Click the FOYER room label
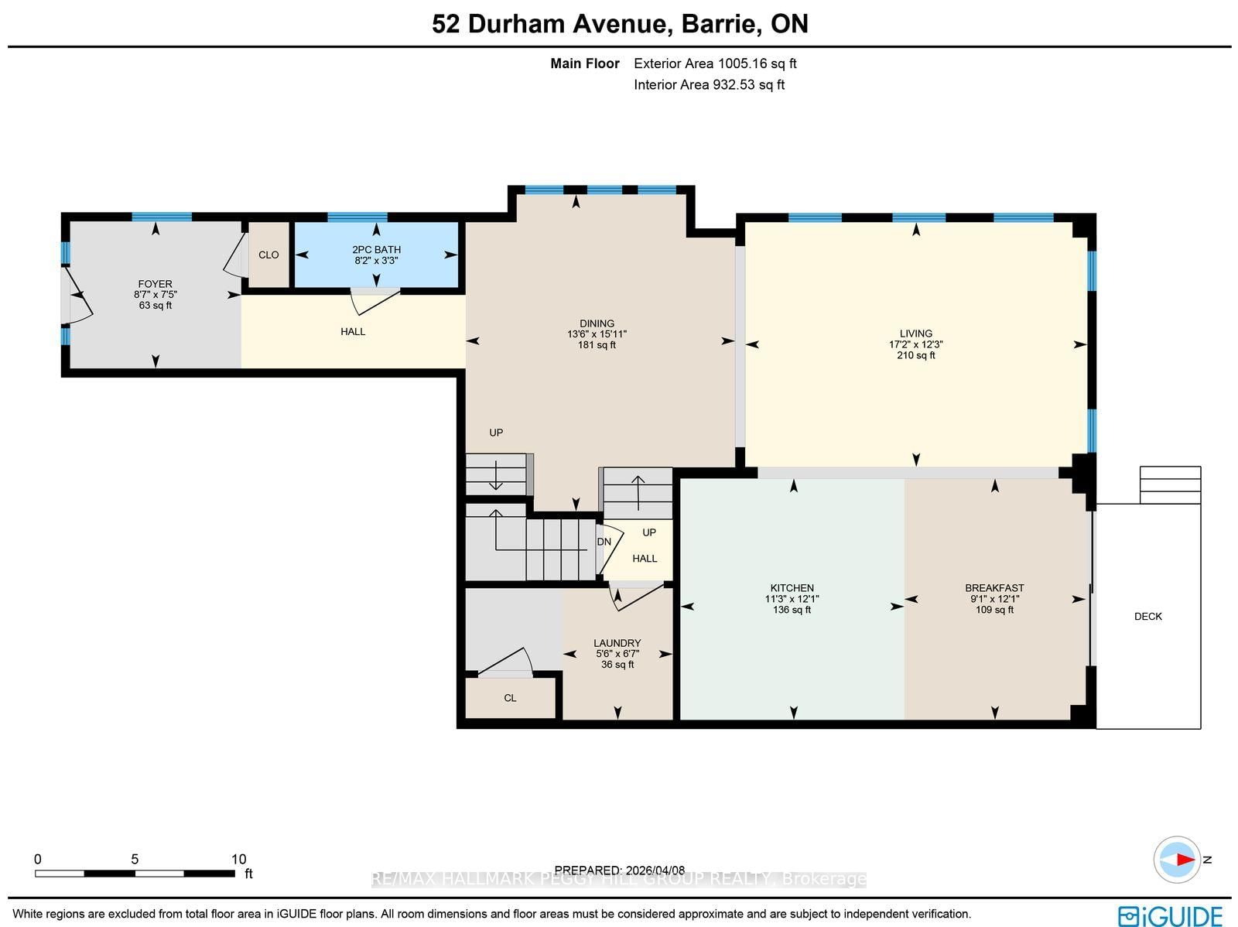[155, 284]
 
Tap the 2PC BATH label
[376, 250]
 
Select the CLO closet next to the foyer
[268, 255]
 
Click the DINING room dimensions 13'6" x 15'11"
[597, 334]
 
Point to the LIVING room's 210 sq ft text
[916, 356]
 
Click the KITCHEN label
[792, 588]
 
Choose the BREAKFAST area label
[994, 588]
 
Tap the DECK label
[1147, 617]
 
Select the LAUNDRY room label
[617, 643]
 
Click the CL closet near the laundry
[510, 698]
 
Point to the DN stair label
[604, 542]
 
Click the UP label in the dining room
[496, 433]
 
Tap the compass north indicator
[1178, 860]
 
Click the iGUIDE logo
[1170, 915]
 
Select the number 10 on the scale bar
[238, 859]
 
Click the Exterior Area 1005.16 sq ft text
[715, 63]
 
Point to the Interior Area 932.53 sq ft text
[709, 85]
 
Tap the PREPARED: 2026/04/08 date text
[619, 871]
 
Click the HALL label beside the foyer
[353, 332]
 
